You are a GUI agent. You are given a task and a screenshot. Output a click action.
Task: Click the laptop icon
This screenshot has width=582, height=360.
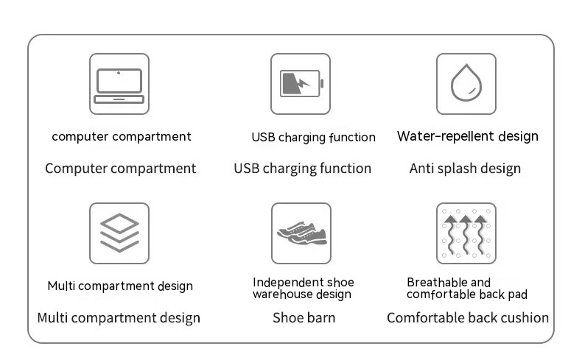(x=119, y=85)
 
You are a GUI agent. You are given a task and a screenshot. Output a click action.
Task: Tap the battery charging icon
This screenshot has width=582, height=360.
(x=301, y=83)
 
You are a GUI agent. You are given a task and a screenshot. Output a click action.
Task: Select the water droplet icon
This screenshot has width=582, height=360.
(x=466, y=82)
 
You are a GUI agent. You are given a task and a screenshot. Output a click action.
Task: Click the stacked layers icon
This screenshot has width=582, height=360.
(x=119, y=233)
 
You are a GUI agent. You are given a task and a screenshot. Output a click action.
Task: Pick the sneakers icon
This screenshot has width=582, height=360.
(x=302, y=233)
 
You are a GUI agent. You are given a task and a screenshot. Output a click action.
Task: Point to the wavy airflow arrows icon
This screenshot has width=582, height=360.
(x=466, y=233)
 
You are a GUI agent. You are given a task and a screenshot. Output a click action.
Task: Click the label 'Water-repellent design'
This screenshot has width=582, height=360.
(x=467, y=137)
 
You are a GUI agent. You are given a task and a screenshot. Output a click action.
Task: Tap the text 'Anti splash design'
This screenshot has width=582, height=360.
(x=465, y=169)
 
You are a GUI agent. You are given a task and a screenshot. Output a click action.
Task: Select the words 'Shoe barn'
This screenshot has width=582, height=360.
(x=304, y=318)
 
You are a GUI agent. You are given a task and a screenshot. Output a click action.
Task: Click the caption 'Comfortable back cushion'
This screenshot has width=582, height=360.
(x=468, y=318)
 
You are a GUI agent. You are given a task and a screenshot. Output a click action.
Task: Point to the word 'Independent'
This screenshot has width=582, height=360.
(x=284, y=283)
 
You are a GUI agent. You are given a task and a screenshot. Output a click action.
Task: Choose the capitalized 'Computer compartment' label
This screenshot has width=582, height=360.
(x=121, y=169)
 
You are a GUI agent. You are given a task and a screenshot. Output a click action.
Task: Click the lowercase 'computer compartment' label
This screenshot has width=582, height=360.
(x=122, y=137)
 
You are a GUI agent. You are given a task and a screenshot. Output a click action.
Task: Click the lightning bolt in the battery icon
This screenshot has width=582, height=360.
(x=304, y=84)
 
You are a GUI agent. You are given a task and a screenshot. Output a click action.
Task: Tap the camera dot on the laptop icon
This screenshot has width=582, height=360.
(x=119, y=73)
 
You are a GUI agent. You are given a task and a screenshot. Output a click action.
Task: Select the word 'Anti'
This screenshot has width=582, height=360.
(x=421, y=169)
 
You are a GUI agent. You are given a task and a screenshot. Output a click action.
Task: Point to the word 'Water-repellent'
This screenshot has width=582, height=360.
(x=446, y=137)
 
